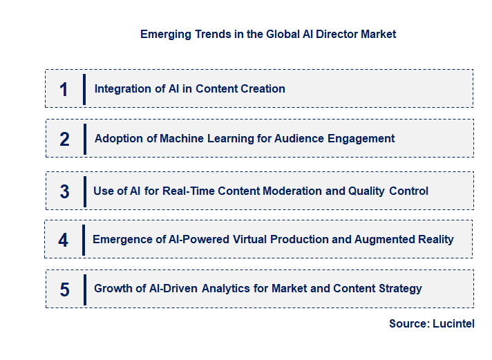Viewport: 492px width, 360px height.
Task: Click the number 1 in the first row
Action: point(64,89)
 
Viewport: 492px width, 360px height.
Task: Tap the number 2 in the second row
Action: point(64,139)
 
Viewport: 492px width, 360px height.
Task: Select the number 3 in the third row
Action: point(64,191)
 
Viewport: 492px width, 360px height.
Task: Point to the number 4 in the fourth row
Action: point(64,240)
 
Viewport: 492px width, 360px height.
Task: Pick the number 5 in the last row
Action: point(64,290)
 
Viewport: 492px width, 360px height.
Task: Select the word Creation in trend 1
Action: point(262,88)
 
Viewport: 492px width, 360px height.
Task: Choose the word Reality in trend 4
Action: point(434,239)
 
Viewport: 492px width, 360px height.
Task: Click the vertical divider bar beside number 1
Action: point(84,89)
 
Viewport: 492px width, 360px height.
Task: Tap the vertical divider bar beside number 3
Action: point(84,191)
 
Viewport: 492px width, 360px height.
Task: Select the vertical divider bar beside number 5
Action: point(84,290)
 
